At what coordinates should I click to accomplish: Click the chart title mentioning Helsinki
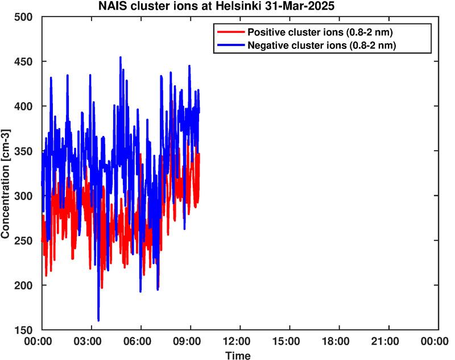217,6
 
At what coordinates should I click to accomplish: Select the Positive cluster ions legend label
320,32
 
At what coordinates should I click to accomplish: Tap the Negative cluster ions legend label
322,45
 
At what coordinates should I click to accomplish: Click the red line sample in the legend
231,32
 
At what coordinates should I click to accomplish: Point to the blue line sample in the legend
231,45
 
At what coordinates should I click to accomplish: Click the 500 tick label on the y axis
23,17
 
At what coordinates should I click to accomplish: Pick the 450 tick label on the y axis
23,61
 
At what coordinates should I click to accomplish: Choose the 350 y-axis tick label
23,151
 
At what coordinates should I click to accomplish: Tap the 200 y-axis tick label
23,285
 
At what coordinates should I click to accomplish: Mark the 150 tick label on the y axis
23,330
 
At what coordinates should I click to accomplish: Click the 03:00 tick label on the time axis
92,341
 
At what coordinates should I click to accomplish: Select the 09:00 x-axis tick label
191,341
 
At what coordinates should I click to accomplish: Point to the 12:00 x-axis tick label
240,341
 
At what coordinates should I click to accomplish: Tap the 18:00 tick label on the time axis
339,341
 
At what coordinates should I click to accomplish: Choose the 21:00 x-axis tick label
389,341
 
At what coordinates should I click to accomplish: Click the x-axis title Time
238,355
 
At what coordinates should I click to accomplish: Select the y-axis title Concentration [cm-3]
5,184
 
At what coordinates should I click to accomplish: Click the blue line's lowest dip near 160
98,321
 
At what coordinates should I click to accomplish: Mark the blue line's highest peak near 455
121,57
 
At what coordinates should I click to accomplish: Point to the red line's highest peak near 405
173,101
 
